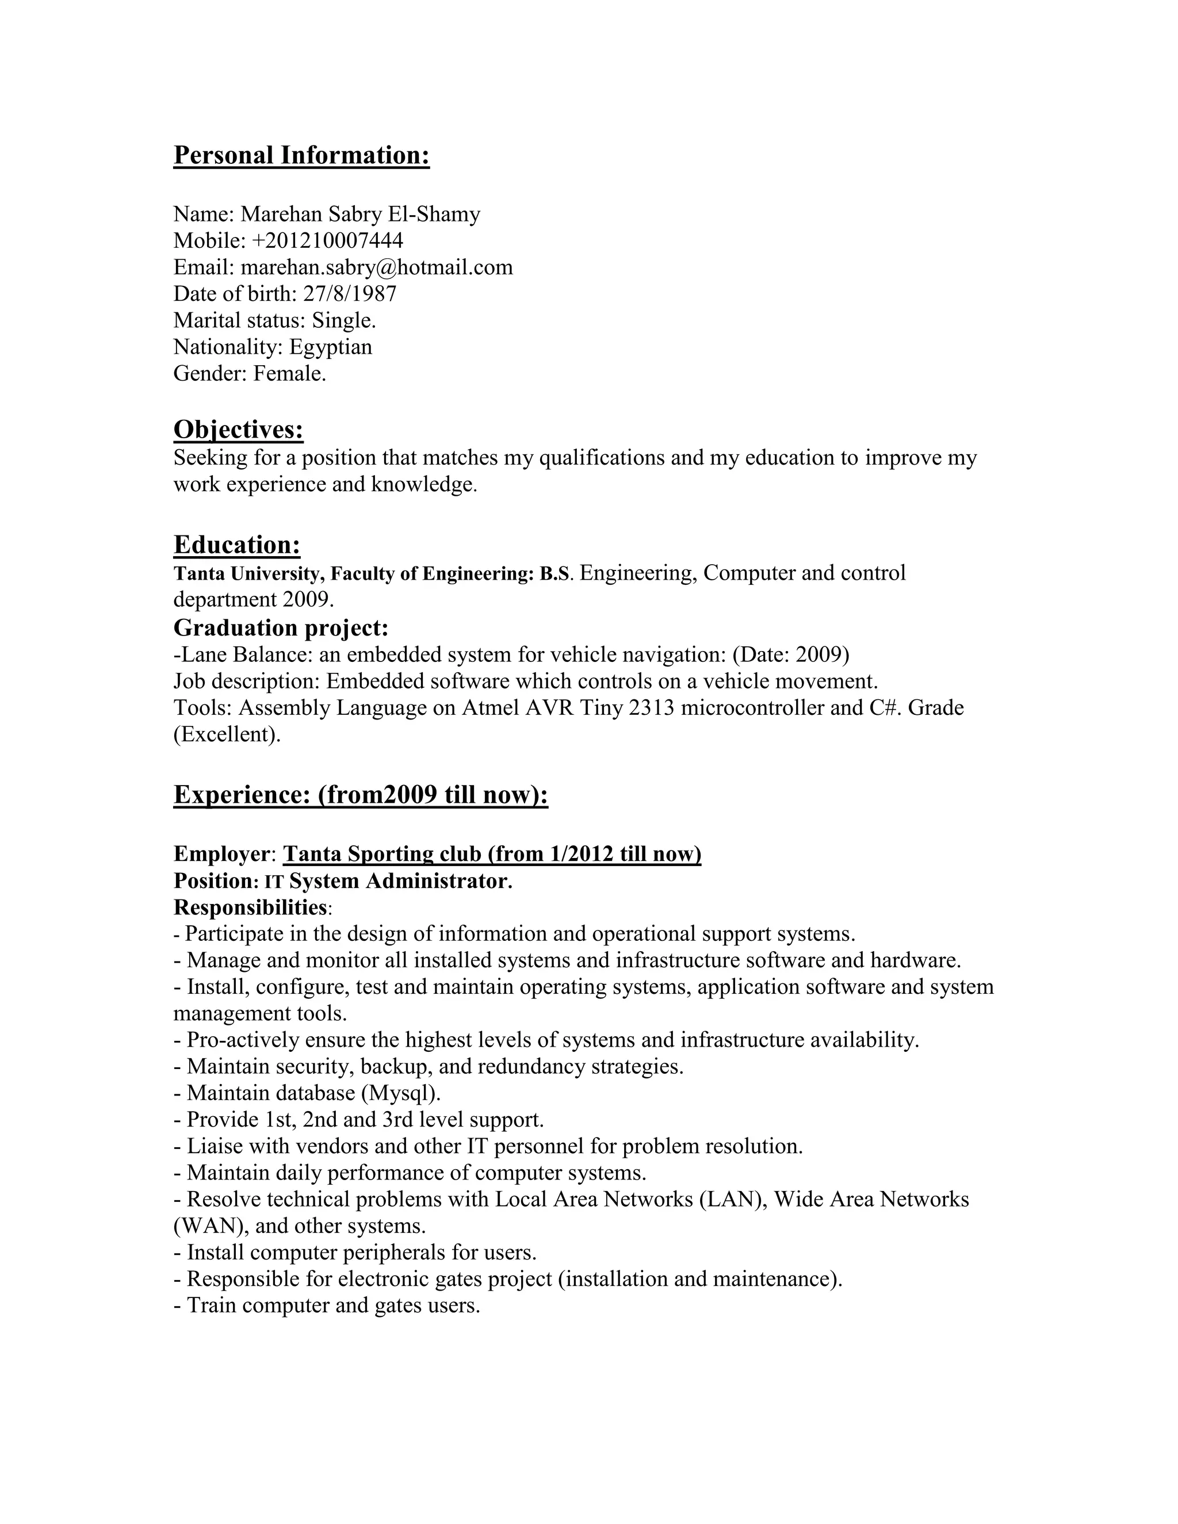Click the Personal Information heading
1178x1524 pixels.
pyautogui.click(x=301, y=155)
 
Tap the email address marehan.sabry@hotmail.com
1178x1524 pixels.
pyautogui.click(x=377, y=267)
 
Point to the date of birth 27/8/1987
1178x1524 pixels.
pyautogui.click(x=350, y=294)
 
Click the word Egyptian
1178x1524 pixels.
pyautogui.click(x=331, y=347)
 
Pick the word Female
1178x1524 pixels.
pyautogui.click(x=289, y=373)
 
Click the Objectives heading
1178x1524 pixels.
pyautogui.click(x=238, y=429)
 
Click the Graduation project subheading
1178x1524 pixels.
pyautogui.click(x=281, y=628)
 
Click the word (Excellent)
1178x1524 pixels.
pyautogui.click(x=227, y=734)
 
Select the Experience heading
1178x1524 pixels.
pyautogui.click(x=361, y=795)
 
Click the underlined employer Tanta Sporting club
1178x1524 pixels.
pyautogui.click(x=383, y=854)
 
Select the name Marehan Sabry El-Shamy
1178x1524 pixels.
pyautogui.click(x=360, y=215)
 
